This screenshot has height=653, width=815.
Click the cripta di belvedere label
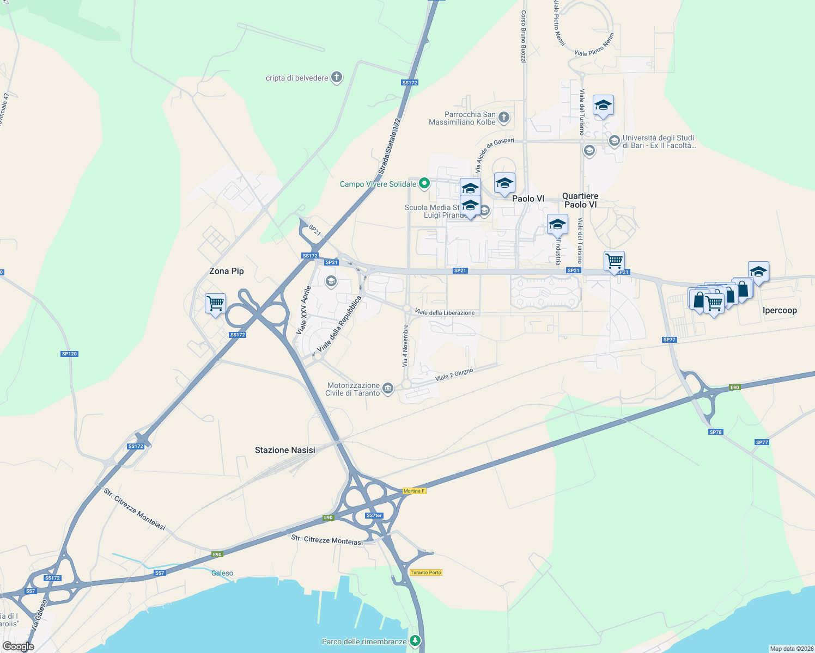297,78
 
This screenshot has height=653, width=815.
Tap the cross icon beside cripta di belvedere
337,77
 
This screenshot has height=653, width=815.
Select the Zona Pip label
226,271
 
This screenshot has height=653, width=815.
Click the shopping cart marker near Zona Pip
216,303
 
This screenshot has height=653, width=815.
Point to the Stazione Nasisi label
285,450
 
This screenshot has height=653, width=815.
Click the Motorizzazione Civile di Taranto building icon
388,388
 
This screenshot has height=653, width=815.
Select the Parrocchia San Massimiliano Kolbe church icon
504,117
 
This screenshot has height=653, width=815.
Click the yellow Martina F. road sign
414,491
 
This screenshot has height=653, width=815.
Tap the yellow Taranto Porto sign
426,572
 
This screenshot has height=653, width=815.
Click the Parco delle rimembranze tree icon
416,640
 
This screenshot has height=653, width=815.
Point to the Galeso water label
222,573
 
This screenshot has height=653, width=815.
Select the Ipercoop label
780,310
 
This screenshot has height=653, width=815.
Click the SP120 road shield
70,354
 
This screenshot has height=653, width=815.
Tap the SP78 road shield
715,432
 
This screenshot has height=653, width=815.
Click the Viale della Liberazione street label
445,312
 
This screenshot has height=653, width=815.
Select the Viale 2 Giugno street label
454,374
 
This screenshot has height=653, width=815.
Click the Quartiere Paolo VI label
580,200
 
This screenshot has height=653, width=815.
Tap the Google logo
19,646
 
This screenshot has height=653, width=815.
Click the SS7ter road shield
374,515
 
